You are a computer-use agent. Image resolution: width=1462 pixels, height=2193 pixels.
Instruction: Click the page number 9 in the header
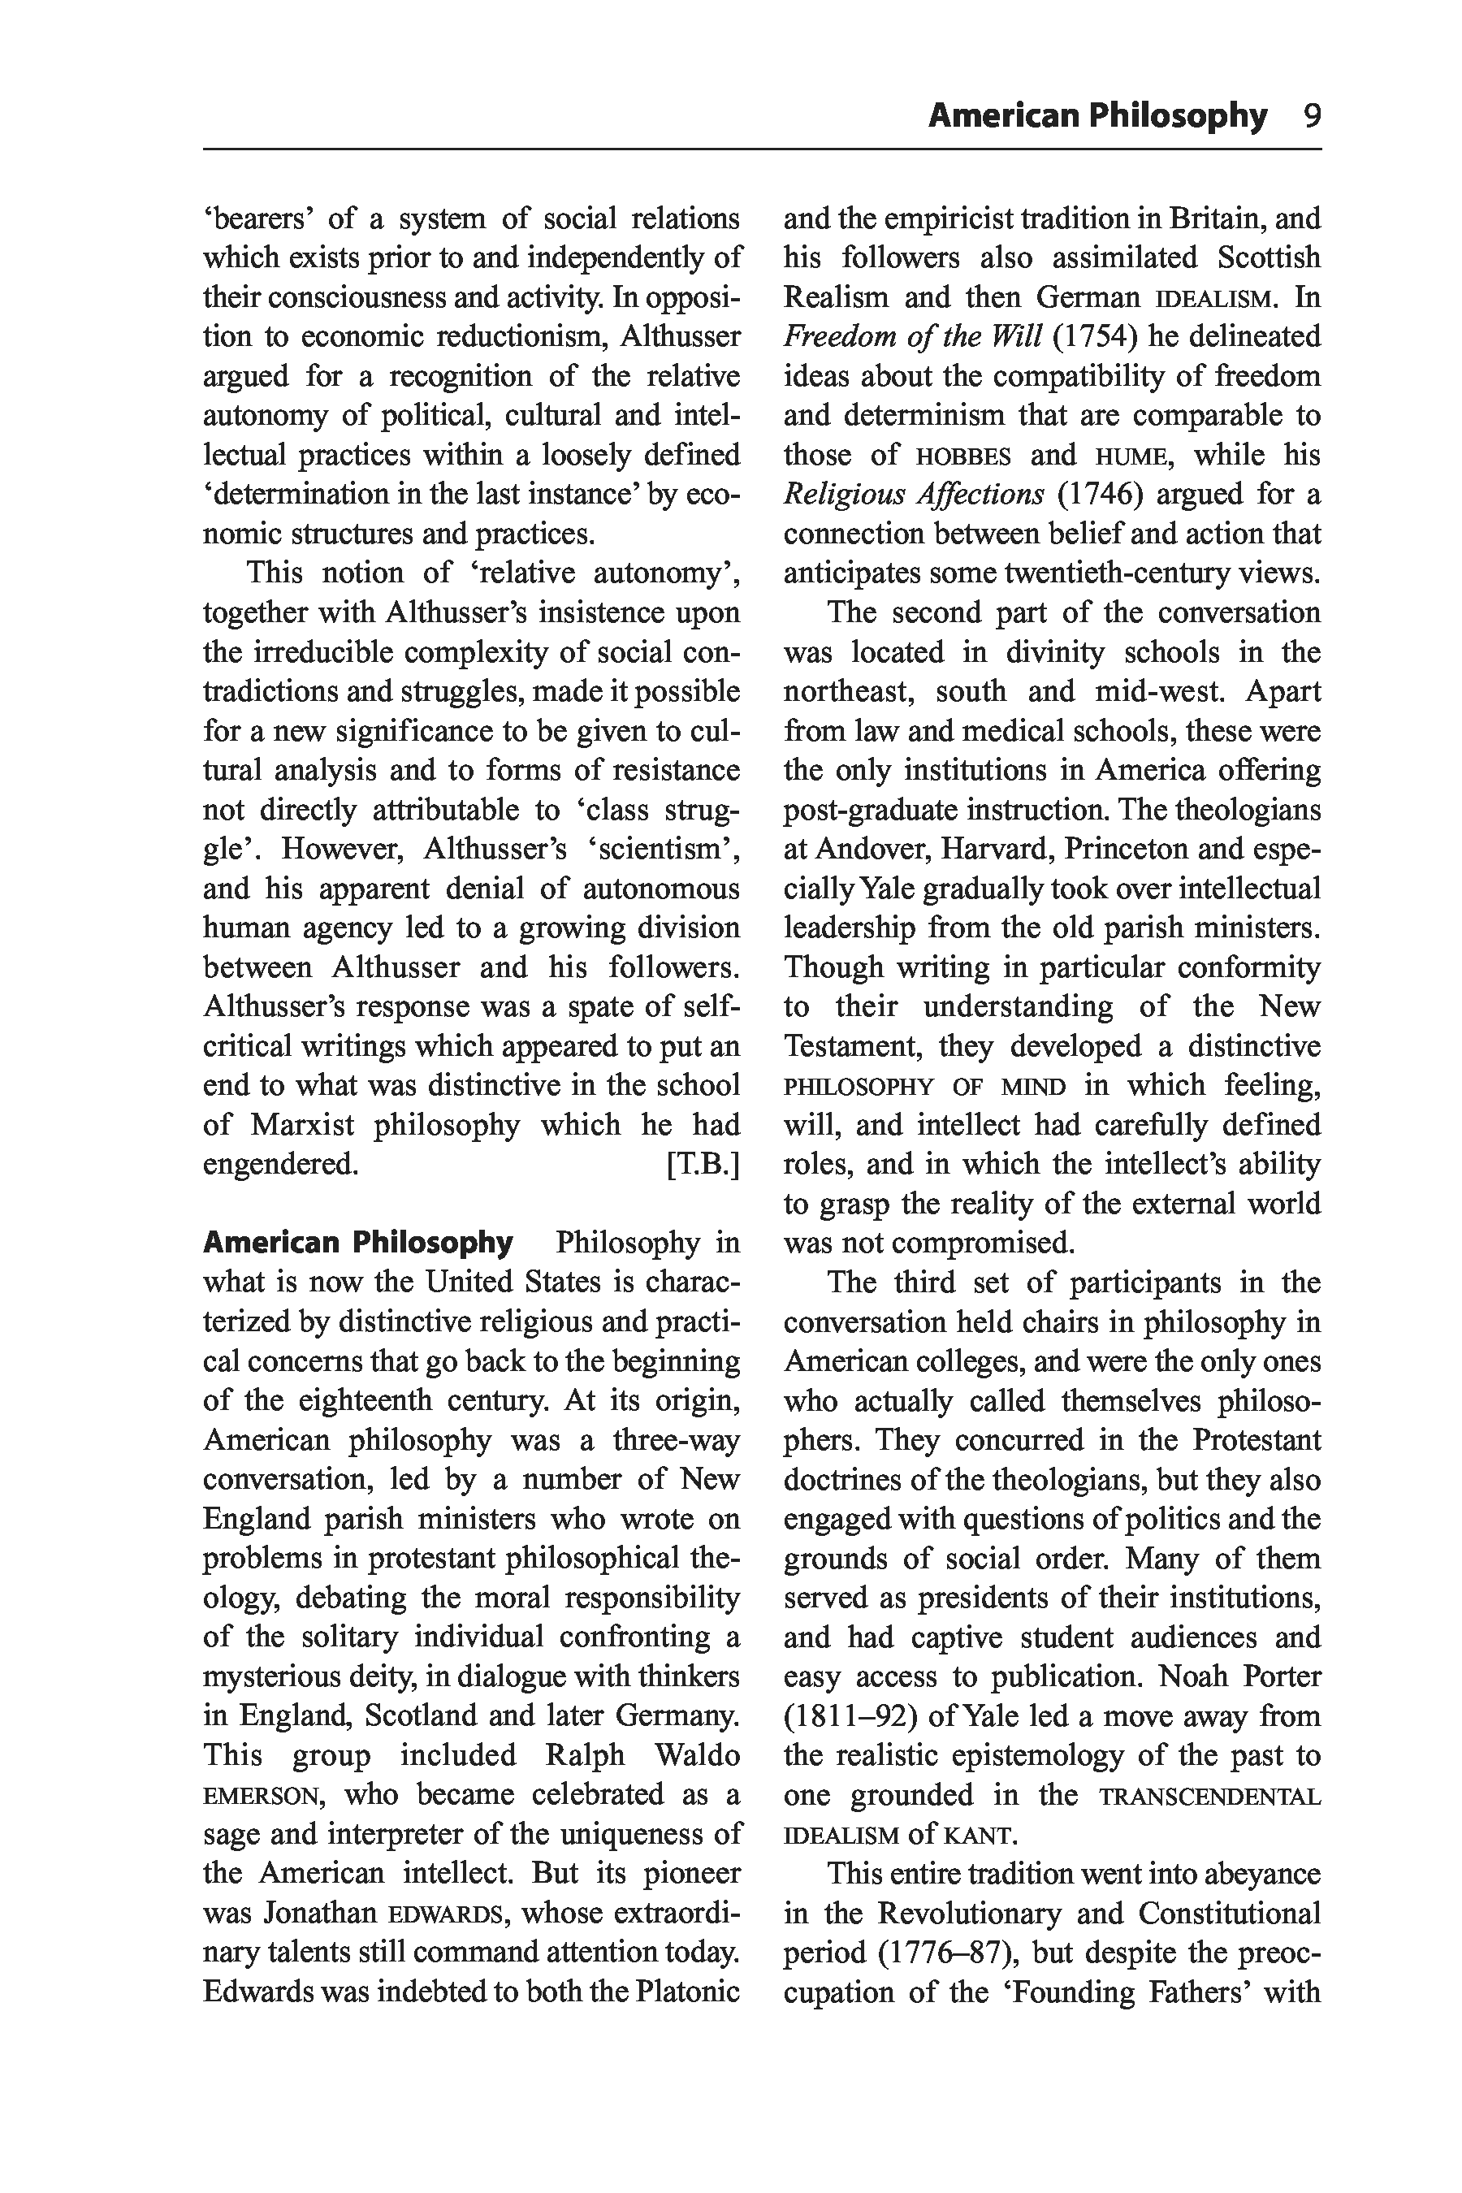1312,116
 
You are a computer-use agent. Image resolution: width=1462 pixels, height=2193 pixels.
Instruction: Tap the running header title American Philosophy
1097,116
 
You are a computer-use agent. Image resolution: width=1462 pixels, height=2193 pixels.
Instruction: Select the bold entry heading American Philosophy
358,1243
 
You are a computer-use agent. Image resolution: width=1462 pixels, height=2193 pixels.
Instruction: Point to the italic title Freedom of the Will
912,336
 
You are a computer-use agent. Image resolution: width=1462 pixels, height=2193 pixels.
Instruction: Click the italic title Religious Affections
913,494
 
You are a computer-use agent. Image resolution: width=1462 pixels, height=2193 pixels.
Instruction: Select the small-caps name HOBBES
964,456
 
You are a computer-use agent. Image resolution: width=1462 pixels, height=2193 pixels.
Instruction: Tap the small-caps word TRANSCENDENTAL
1209,1796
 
